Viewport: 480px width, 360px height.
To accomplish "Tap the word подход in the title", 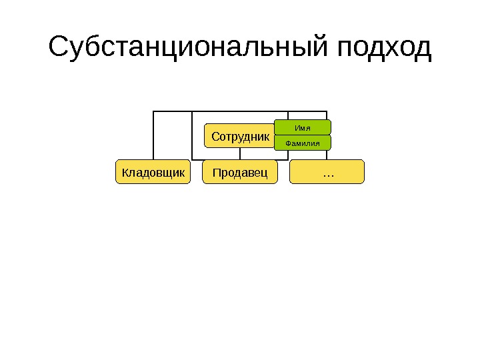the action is click(385, 49).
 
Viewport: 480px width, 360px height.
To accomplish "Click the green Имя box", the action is click(303, 127).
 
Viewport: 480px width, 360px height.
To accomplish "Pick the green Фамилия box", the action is click(303, 143).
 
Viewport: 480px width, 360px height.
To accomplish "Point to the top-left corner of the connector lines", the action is click(153, 111).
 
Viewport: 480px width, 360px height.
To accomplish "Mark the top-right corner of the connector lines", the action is click(327, 111).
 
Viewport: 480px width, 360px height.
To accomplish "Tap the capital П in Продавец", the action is click(216, 173).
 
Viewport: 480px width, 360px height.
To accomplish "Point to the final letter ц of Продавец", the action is click(264, 174).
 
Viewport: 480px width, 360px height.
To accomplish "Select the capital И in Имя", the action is click(297, 127).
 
